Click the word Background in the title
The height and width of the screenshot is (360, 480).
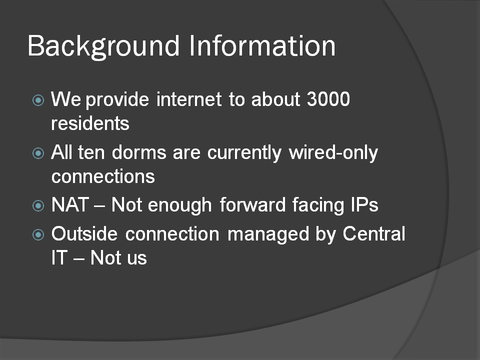click(x=103, y=46)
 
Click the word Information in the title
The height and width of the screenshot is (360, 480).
click(x=262, y=45)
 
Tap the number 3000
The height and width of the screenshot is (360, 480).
click(x=328, y=99)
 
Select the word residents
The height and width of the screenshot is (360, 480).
click(x=90, y=123)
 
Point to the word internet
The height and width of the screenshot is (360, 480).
click(x=189, y=99)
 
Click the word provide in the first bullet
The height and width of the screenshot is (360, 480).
click(x=117, y=100)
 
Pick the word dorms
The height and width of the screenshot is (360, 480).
click(x=139, y=152)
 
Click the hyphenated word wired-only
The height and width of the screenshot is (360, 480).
click(x=333, y=153)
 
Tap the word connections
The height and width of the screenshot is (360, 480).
click(x=103, y=176)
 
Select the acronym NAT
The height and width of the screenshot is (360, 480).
click(x=70, y=204)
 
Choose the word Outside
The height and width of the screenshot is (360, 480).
click(x=84, y=233)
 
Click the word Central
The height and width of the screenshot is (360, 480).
click(x=374, y=233)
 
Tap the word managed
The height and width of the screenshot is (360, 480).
click(x=268, y=235)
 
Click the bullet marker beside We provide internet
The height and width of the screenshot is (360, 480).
click(x=38, y=100)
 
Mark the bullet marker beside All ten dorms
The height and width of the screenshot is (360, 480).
click(x=38, y=153)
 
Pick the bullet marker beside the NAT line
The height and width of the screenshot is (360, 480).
click(x=38, y=205)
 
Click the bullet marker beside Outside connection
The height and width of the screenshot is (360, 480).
click(x=38, y=235)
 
